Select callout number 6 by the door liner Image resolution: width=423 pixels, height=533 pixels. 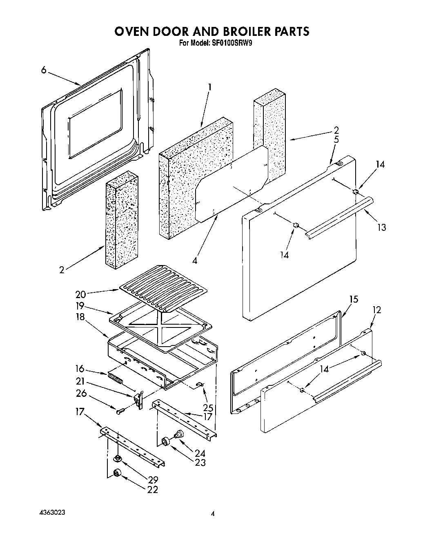(43, 70)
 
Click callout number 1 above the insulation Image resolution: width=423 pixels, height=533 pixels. (209, 86)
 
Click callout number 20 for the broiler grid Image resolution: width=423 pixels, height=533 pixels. (80, 294)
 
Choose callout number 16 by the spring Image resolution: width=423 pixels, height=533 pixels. (80, 369)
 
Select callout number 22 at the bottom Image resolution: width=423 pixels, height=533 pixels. (153, 490)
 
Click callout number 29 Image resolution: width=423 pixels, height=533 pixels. (153, 480)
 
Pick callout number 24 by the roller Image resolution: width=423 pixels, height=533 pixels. (200, 453)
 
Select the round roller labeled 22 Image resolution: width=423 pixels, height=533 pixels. (118, 473)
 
